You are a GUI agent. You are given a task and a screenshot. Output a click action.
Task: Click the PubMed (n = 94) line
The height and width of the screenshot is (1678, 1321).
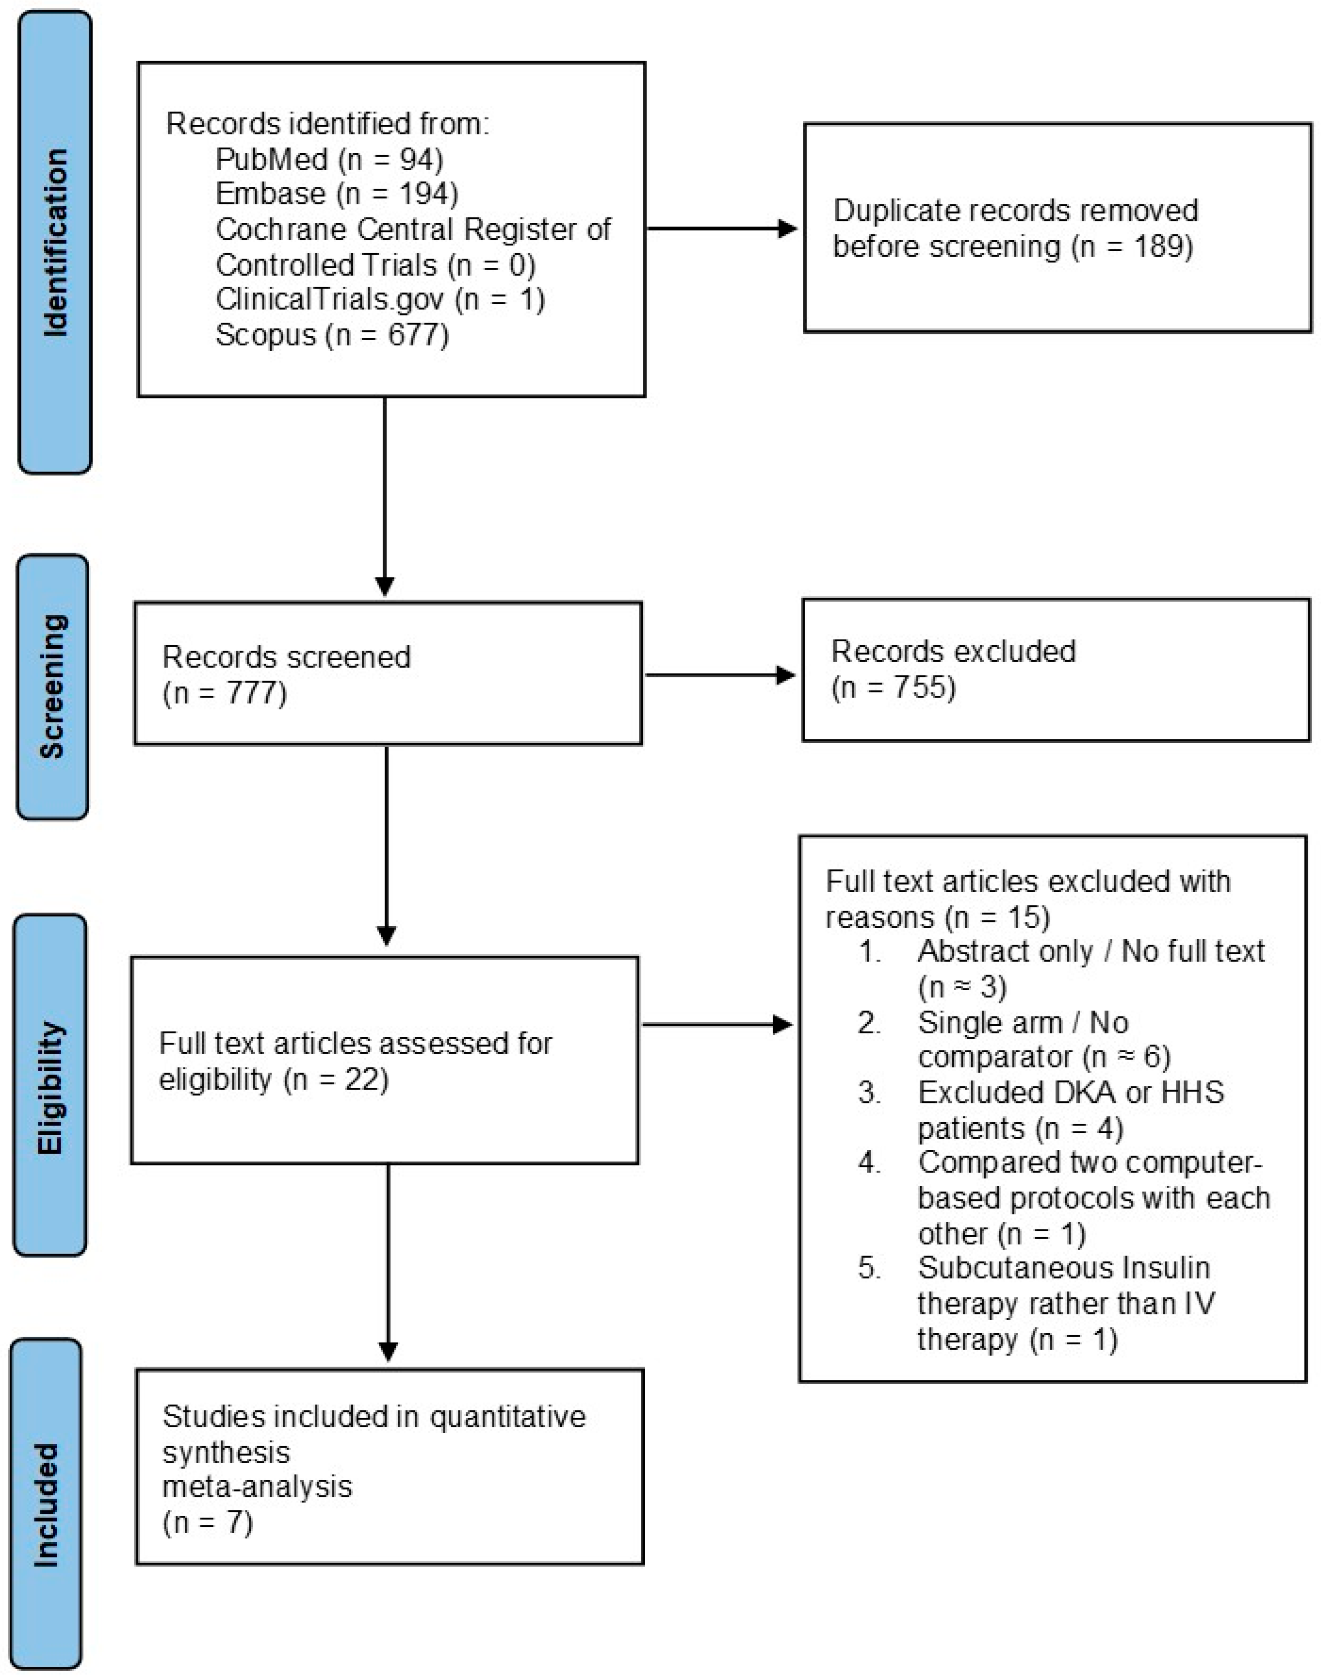pos(329,159)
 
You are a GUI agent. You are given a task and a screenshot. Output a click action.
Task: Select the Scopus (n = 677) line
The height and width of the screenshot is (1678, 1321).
pos(332,335)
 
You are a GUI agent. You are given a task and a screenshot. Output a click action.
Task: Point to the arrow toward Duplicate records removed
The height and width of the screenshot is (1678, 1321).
pos(721,228)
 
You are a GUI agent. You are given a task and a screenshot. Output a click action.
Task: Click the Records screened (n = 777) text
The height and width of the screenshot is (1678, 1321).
pos(287,674)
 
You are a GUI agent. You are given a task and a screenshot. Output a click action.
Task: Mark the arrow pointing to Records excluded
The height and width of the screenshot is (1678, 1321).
pos(720,675)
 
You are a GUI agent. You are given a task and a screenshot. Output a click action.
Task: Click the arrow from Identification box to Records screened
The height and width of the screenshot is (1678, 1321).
pos(385,496)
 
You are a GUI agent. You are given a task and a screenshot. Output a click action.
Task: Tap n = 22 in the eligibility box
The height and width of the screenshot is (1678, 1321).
pos(336,1080)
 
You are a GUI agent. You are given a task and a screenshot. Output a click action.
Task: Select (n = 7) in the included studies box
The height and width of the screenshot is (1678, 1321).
pos(208,1523)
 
